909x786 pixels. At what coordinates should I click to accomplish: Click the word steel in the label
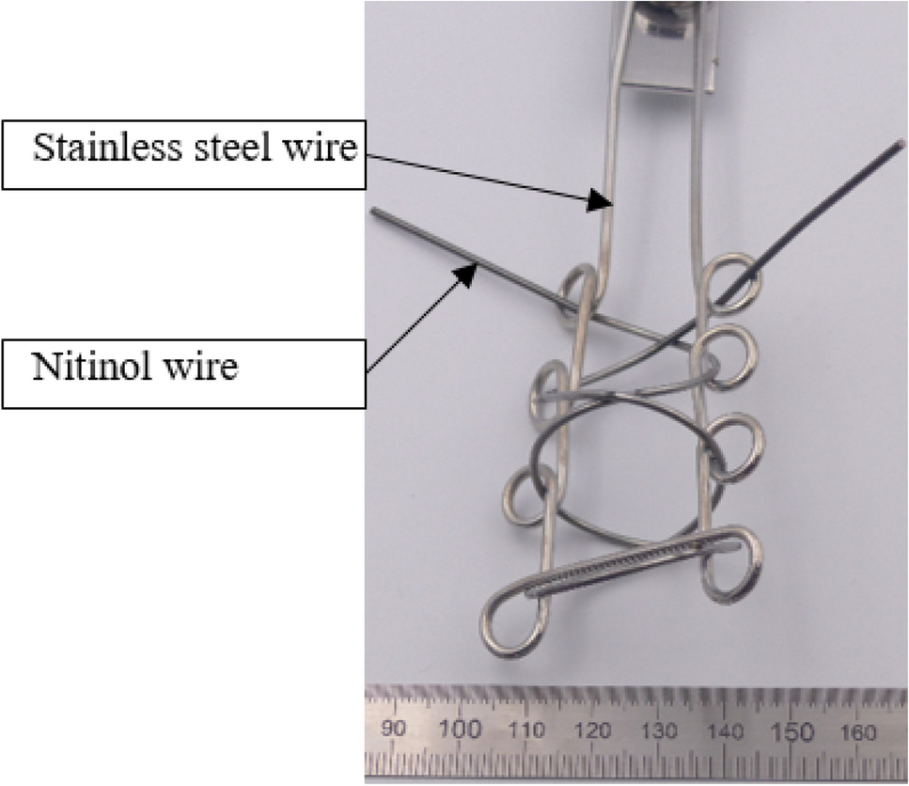tap(215, 148)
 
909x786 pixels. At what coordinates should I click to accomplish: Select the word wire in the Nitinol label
tap(198, 366)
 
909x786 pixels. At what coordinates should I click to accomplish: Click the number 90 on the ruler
tap(394, 729)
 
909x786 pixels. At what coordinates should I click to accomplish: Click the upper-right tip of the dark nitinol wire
tap(900, 144)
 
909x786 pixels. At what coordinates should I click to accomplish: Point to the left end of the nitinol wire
tap(374, 212)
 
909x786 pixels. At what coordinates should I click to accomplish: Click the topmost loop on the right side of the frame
tap(732, 279)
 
